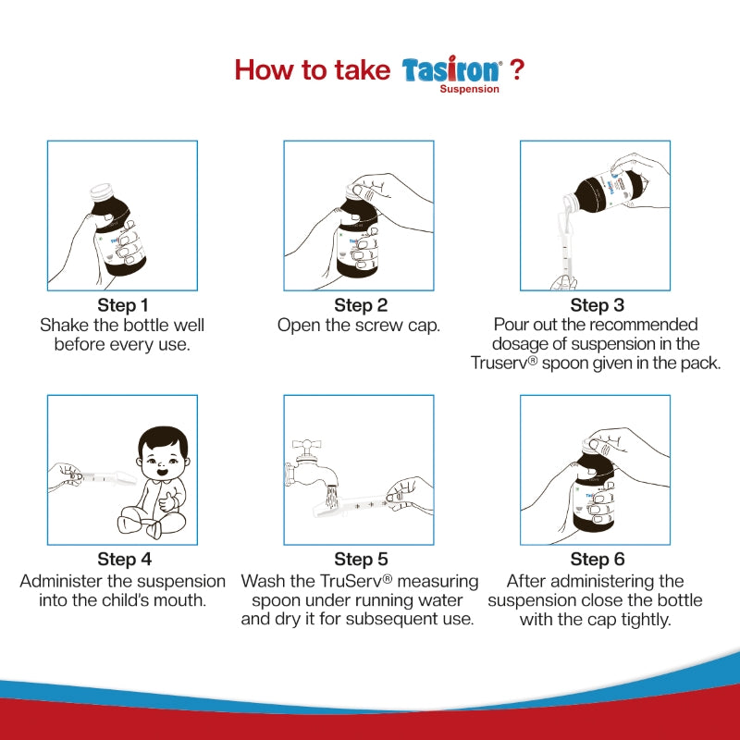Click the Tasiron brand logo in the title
tap(451, 70)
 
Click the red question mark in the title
tap(517, 69)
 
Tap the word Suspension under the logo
tap(470, 89)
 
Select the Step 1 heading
tap(123, 305)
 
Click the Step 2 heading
tap(361, 305)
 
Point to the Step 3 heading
tap(597, 305)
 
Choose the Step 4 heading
tap(124, 560)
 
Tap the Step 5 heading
tap(361, 560)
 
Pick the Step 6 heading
tap(597, 560)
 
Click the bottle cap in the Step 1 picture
tap(102, 191)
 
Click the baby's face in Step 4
tap(164, 459)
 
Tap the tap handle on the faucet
tap(307, 444)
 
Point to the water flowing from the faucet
tap(332, 497)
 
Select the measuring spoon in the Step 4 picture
tap(105, 478)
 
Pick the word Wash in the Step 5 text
tap(263, 581)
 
